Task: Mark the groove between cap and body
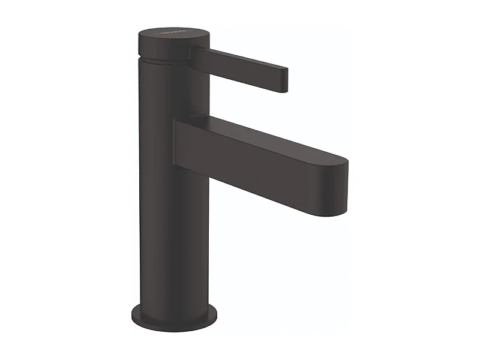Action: click(x=165, y=58)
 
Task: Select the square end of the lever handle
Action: click(x=283, y=80)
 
